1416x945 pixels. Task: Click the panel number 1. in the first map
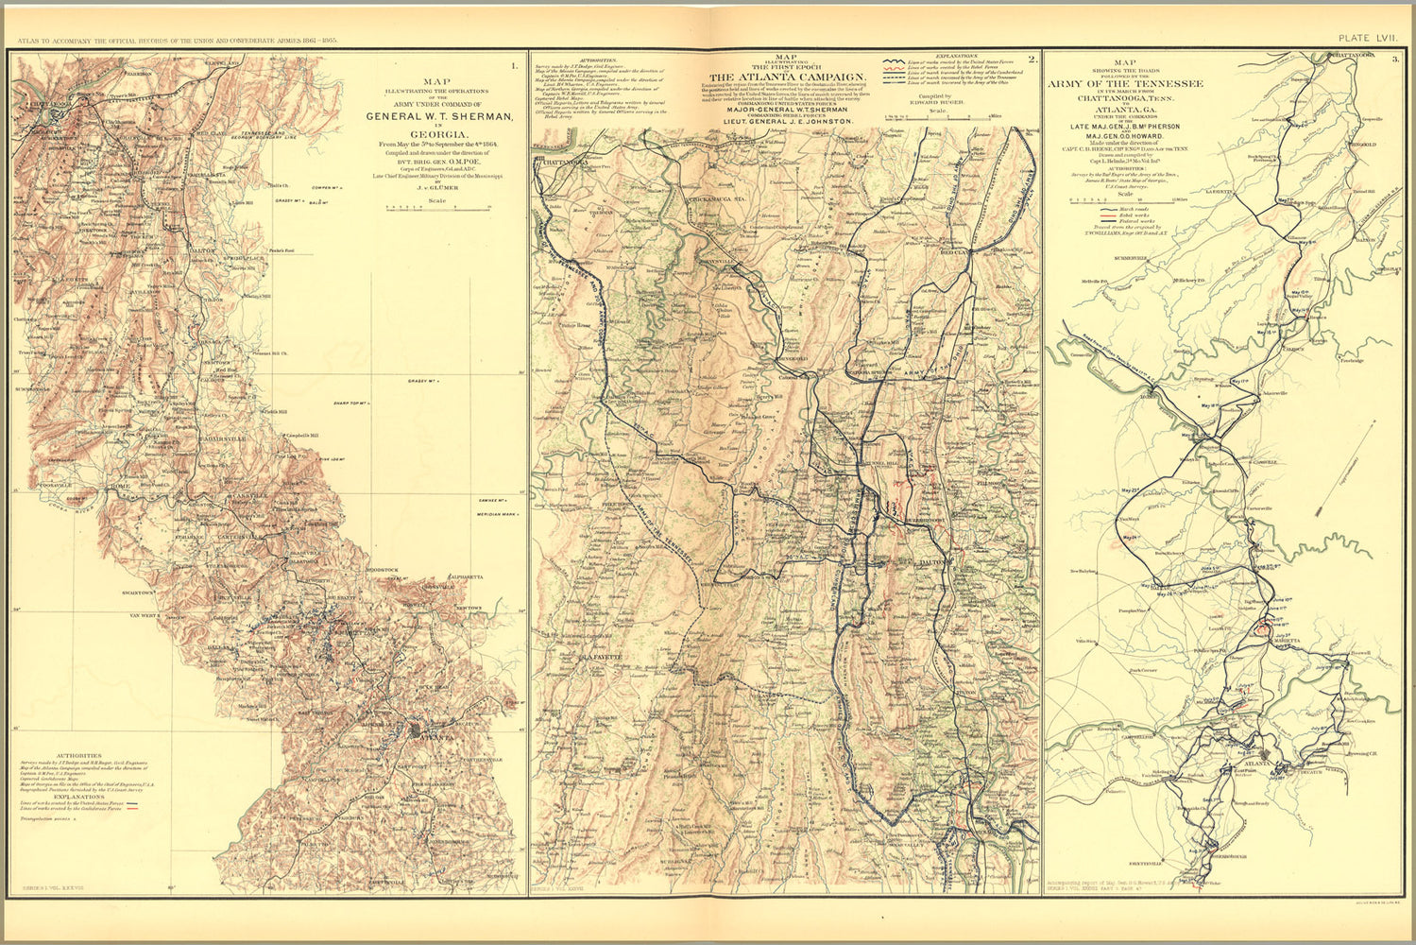point(514,65)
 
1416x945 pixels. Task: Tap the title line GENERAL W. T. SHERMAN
point(441,117)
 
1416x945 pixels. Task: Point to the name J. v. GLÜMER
point(436,186)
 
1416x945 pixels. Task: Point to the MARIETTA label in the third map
point(1288,641)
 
